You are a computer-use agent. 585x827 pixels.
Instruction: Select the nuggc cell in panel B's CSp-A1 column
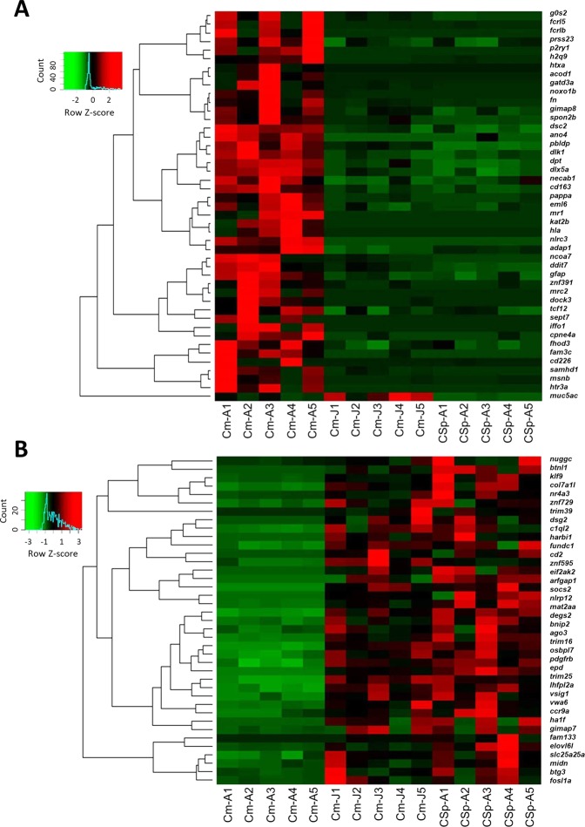(443, 458)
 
